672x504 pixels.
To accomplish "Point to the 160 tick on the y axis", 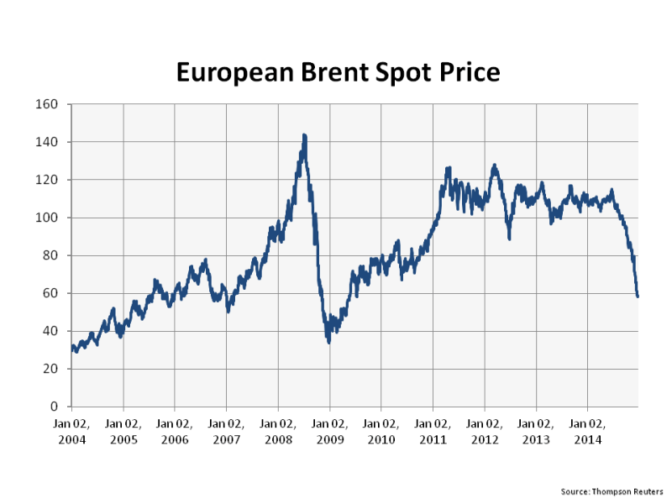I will (46, 104).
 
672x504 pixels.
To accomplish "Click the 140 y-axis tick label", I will (46, 142).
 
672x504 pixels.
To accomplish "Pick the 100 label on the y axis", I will (46, 218).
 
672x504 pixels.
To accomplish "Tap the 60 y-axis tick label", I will (50, 293).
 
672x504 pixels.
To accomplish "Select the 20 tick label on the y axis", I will (50, 369).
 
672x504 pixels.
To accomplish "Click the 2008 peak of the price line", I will (303, 134).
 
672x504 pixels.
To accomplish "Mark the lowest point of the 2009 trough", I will (328, 341).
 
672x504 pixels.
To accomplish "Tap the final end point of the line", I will (638, 296).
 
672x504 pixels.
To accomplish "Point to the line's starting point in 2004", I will (72, 347).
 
